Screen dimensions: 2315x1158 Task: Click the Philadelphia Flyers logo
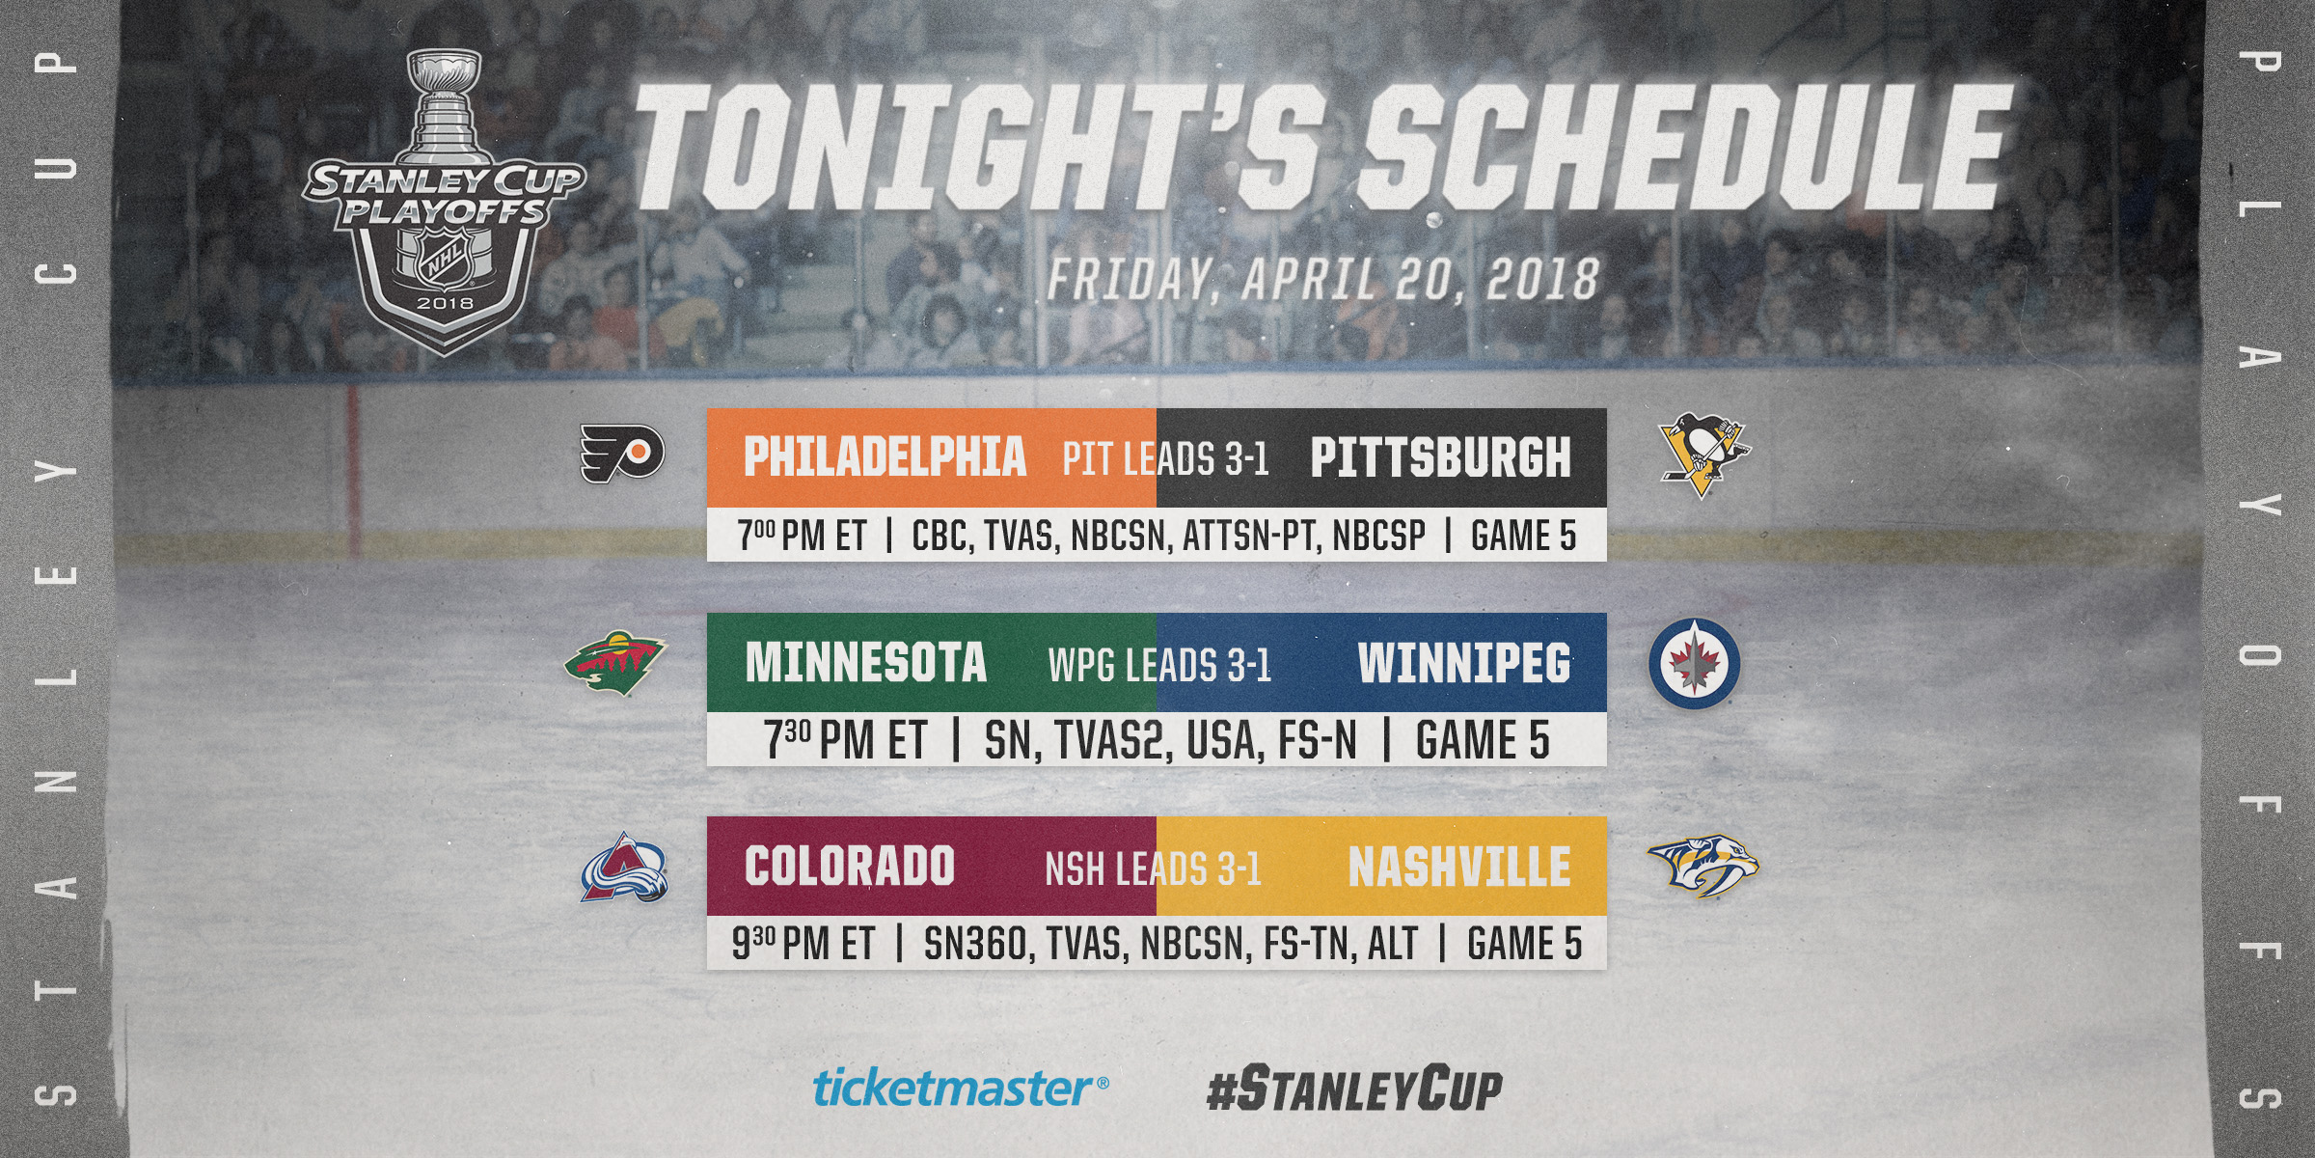pyautogui.click(x=622, y=454)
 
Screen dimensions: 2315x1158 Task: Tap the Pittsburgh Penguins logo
pyautogui.click(x=1703, y=455)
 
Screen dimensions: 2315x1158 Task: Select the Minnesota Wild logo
pyautogui.click(x=615, y=664)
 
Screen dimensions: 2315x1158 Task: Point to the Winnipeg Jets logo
pyautogui.click(x=1695, y=663)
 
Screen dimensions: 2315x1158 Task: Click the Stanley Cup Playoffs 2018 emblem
pyautogui.click(x=445, y=203)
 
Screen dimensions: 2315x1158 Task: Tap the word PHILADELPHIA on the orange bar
pyautogui.click(x=885, y=457)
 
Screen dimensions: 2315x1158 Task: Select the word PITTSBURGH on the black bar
pyautogui.click(x=1440, y=457)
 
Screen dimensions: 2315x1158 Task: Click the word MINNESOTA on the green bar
pyautogui.click(x=865, y=663)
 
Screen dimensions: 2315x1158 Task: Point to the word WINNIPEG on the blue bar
pyautogui.click(x=1464, y=663)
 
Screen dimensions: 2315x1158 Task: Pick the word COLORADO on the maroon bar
pyautogui.click(x=849, y=867)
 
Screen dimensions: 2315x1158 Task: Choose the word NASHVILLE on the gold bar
pyautogui.click(x=1459, y=867)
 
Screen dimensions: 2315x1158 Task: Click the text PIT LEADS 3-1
pyautogui.click(x=1165, y=459)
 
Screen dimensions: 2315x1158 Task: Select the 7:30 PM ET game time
pyautogui.click(x=846, y=740)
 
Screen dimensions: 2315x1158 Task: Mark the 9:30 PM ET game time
pyautogui.click(x=803, y=944)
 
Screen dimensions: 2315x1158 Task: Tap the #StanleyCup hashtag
pyautogui.click(x=1354, y=1089)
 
